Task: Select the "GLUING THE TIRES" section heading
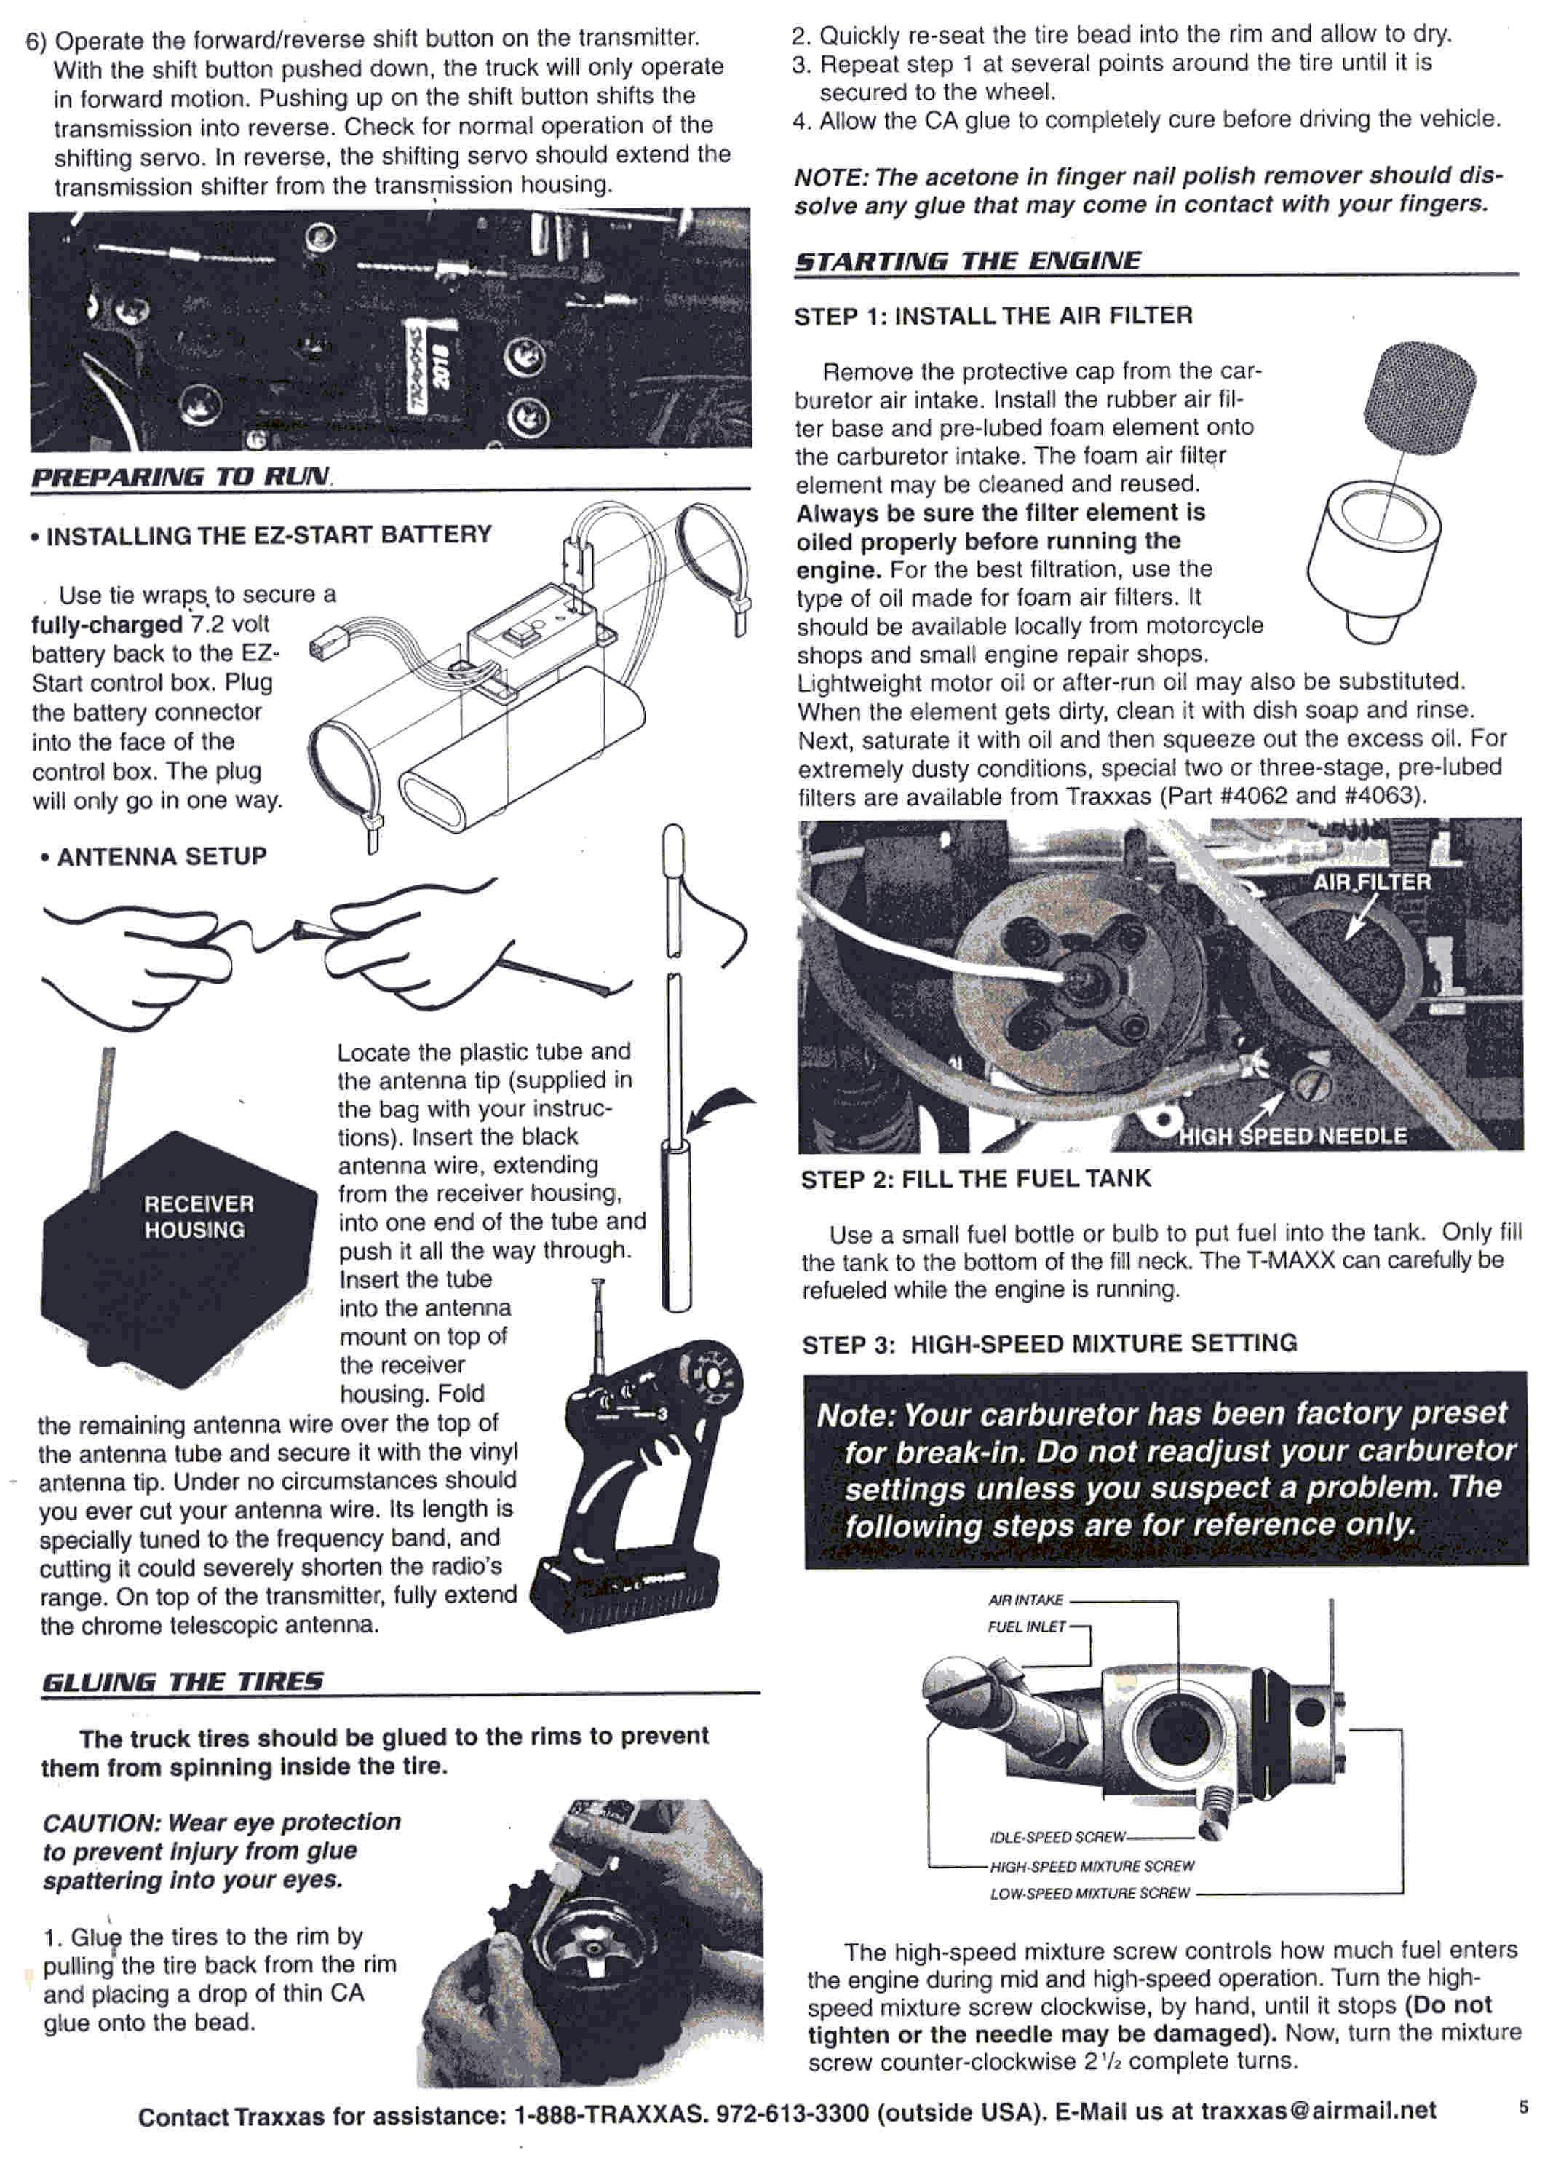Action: pyautogui.click(x=183, y=1681)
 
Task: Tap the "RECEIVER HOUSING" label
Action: pyautogui.click(x=199, y=1217)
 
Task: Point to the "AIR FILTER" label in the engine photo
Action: pyautogui.click(x=1371, y=882)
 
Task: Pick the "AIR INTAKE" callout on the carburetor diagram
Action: pyautogui.click(x=1025, y=1600)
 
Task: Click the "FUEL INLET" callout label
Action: pyautogui.click(x=1025, y=1626)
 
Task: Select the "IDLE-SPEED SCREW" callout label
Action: pyautogui.click(x=1057, y=1836)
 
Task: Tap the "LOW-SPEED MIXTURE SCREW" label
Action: pyautogui.click(x=1089, y=1893)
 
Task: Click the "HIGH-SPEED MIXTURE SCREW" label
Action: pyautogui.click(x=1092, y=1865)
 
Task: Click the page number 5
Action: pyautogui.click(x=1523, y=2107)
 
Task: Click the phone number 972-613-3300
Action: pyautogui.click(x=792, y=2112)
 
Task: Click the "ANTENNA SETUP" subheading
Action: pyautogui.click(x=161, y=856)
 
